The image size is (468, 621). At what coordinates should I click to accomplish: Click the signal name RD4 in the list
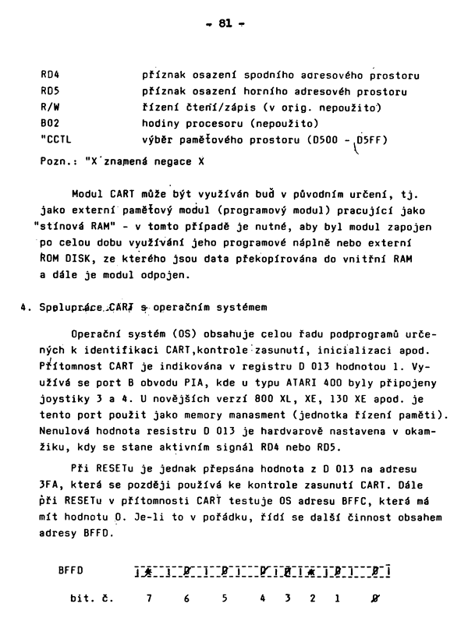50,76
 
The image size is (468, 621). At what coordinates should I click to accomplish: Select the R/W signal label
50,107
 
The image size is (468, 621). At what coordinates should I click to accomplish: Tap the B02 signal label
50,122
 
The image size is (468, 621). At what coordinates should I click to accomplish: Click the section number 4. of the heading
27,306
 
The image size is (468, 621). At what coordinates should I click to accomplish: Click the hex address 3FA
50,484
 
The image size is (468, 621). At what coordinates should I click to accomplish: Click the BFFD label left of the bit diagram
71,570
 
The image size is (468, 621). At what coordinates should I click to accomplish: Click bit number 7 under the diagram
147,599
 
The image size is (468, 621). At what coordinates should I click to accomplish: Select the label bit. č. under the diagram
92,599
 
